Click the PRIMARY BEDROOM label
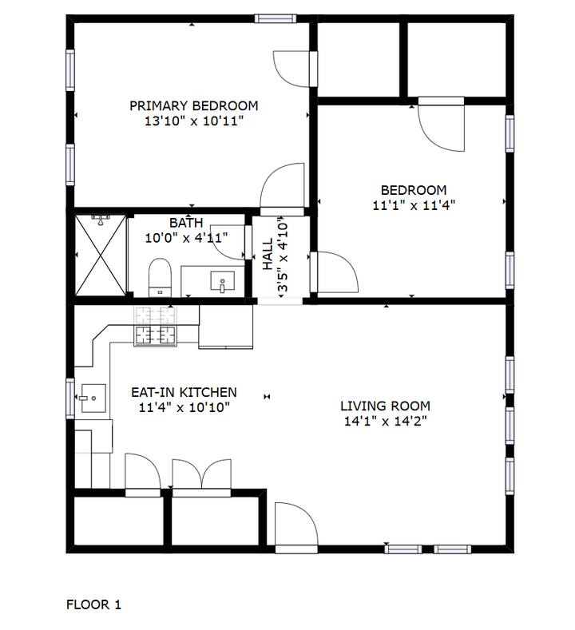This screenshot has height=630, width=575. tap(194, 105)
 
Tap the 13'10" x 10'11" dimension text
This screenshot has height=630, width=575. tap(194, 121)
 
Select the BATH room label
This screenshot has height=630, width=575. tap(186, 223)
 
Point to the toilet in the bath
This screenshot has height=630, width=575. tap(160, 277)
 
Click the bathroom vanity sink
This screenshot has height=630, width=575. tap(222, 281)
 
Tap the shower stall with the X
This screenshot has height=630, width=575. tap(101, 256)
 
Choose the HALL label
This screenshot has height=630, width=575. tap(268, 254)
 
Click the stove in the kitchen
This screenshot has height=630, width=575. tap(155, 326)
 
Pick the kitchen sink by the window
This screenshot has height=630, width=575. tap(93, 398)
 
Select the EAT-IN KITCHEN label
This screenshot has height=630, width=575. tap(184, 392)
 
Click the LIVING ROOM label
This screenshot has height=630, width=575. tap(386, 406)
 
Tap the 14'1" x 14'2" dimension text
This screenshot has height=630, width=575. tap(386, 421)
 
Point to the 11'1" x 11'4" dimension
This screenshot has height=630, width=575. tap(414, 205)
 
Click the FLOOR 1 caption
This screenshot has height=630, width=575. tap(93, 604)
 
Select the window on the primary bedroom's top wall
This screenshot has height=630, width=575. tap(276, 18)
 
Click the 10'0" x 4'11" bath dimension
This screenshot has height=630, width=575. tap(186, 238)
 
